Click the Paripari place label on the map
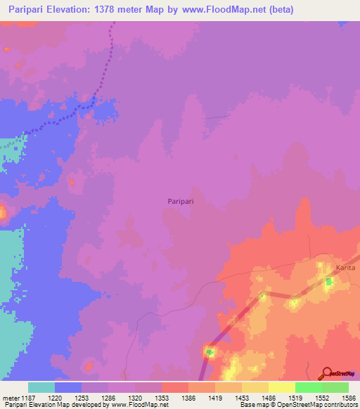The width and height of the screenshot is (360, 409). click(x=181, y=201)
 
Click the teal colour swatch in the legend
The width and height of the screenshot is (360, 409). click(x=41, y=387)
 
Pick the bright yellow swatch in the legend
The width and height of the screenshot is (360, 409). click(x=281, y=387)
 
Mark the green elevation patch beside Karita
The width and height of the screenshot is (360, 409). click(x=328, y=283)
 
